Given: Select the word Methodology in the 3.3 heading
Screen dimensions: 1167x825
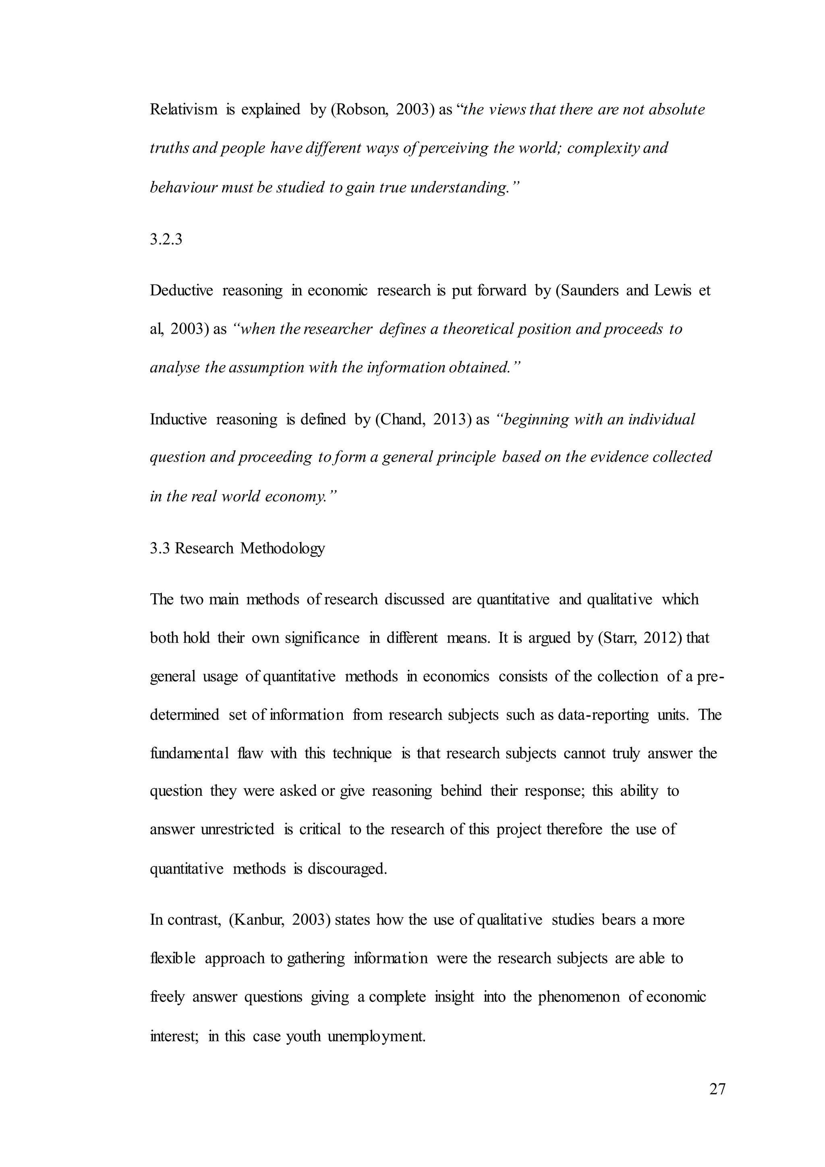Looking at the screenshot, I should pos(282,548).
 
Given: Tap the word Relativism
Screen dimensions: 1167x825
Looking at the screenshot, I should pos(183,110).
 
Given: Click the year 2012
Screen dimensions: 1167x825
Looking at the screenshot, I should pos(659,638).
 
